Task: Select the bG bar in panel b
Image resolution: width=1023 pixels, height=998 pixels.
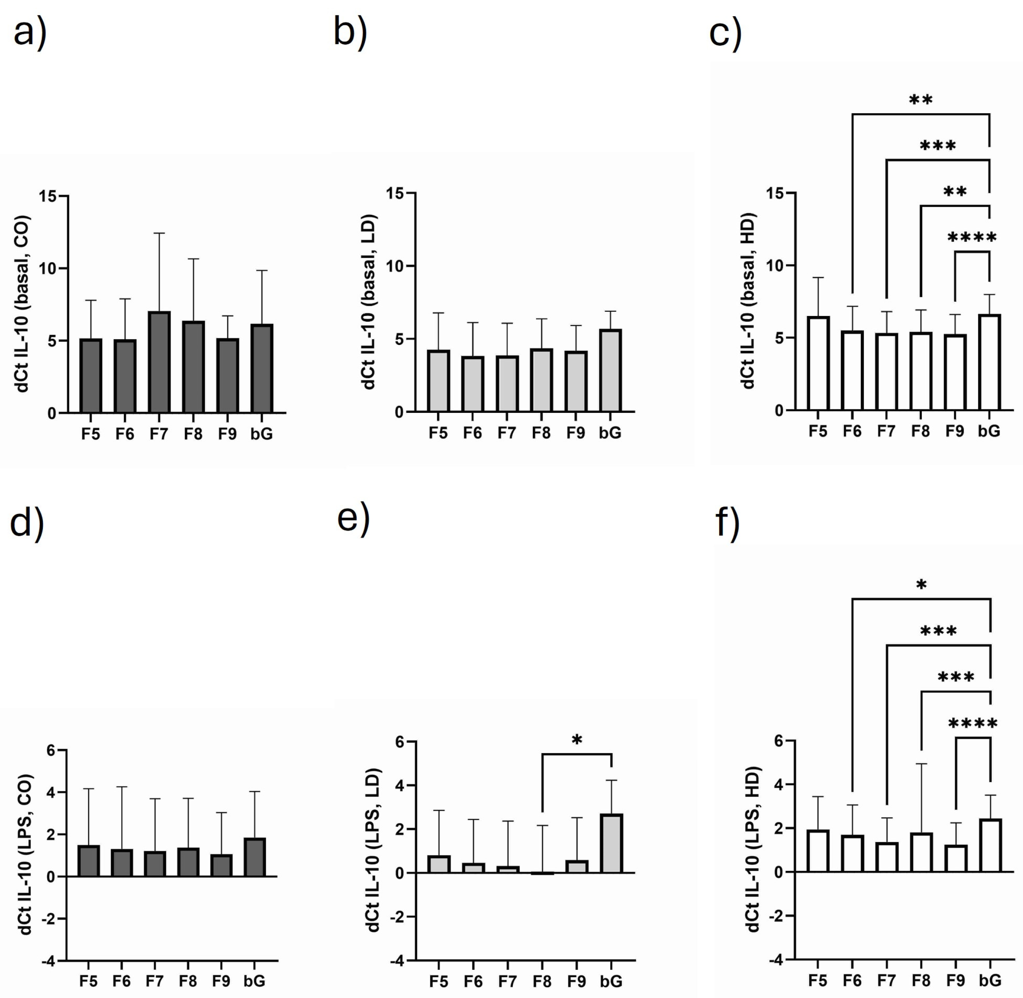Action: (x=611, y=370)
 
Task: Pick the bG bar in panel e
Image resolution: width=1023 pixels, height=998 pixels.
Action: (x=611, y=844)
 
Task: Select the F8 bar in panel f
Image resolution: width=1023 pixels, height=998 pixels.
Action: (x=921, y=852)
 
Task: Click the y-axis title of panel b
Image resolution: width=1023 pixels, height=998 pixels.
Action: (x=370, y=301)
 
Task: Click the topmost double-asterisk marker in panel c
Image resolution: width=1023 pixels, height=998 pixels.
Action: (x=921, y=100)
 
